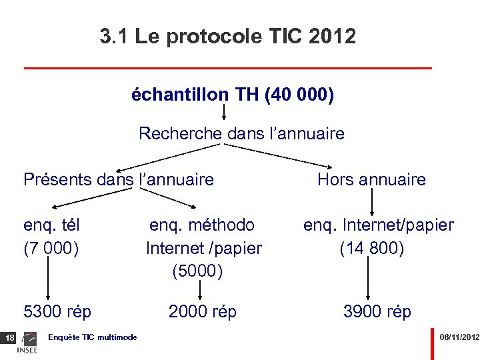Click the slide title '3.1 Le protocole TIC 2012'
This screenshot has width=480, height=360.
(x=228, y=36)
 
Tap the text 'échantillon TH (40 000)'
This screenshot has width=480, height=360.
(x=233, y=95)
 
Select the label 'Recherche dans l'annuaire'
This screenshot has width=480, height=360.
(x=241, y=133)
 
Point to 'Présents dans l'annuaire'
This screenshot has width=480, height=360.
(x=119, y=179)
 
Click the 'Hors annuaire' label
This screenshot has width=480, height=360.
(x=371, y=179)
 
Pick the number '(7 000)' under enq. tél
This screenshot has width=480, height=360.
(x=51, y=249)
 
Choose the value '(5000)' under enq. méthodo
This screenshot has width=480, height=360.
(x=197, y=271)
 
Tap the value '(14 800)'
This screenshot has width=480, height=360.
(x=372, y=249)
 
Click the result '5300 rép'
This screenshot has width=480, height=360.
(x=57, y=311)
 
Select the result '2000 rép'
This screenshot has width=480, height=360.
(x=203, y=311)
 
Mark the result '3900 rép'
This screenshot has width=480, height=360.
(x=377, y=311)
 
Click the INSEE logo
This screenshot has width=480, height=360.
(x=27, y=344)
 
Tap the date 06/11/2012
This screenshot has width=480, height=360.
(x=459, y=338)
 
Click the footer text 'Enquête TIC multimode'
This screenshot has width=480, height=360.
(x=93, y=337)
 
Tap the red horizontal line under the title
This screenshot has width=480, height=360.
(x=228, y=68)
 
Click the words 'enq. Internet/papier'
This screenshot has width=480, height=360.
(x=379, y=225)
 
